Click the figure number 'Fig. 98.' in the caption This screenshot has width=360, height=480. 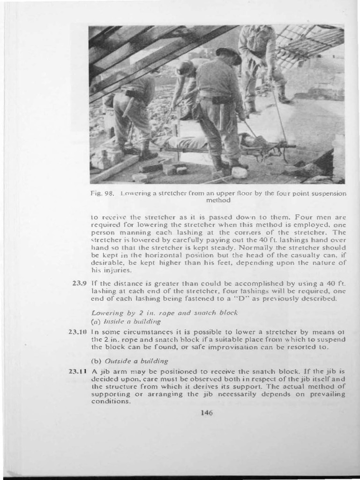click(99, 193)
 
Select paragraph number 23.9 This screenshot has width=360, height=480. click(78, 283)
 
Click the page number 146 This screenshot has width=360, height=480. click(206, 412)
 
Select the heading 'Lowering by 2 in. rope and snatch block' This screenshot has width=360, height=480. click(165, 312)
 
